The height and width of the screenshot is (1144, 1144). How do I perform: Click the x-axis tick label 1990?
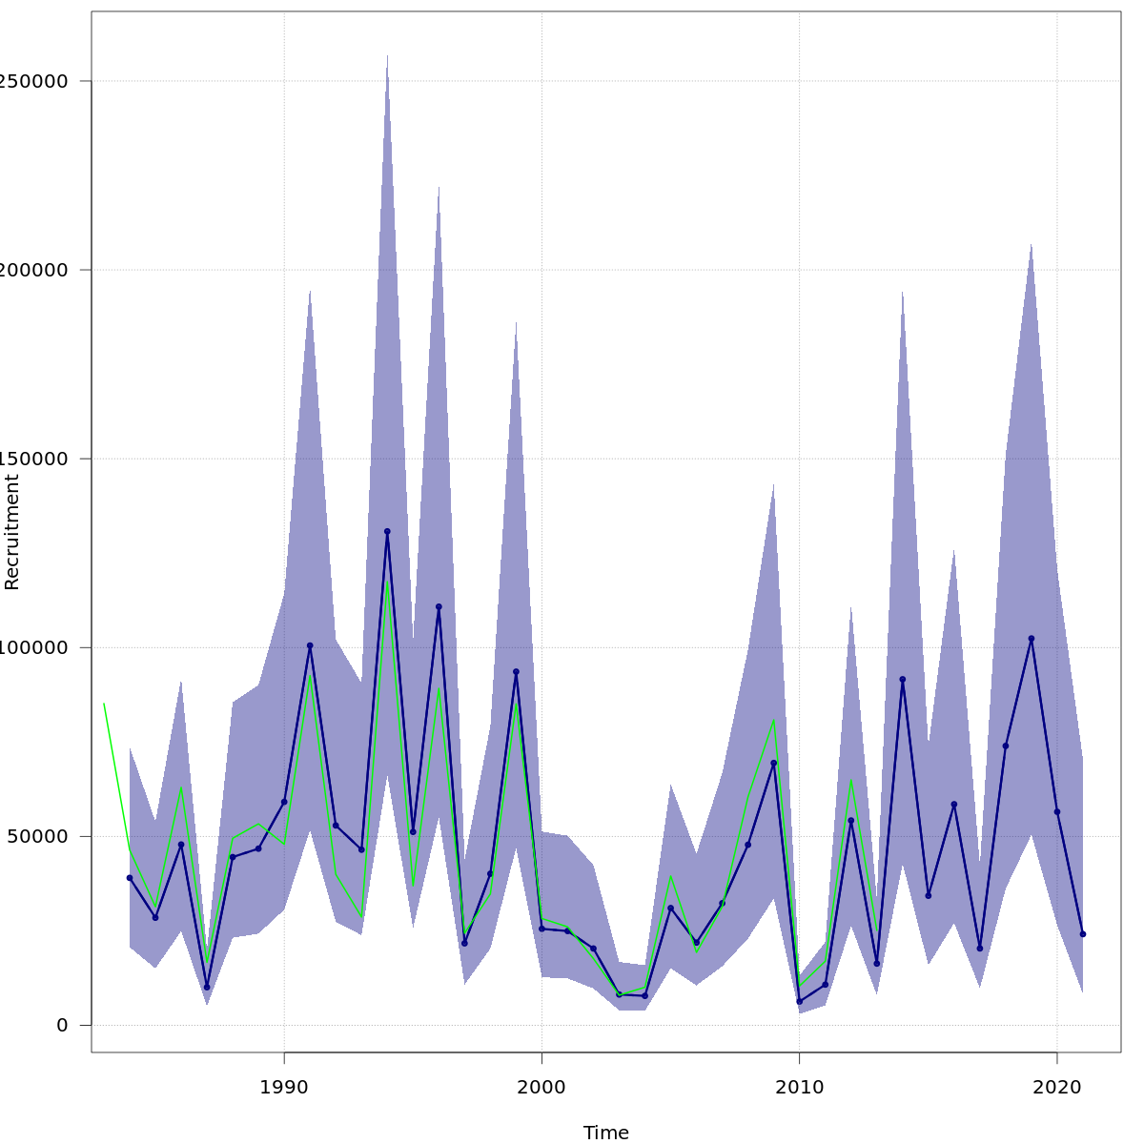pos(283,1087)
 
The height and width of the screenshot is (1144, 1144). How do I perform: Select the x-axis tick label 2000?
pos(541,1087)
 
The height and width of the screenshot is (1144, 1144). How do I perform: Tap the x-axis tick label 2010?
pos(799,1087)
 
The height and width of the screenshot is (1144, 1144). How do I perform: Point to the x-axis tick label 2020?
pos(1056,1087)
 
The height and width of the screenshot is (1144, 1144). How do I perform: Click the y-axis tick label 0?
pos(62,1026)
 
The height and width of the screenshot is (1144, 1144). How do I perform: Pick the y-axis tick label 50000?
pos(38,837)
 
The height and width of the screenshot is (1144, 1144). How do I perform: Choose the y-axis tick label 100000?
pos(34,648)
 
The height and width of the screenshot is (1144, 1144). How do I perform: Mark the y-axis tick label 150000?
pos(34,459)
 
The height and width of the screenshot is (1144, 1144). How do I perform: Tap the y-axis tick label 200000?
pos(34,270)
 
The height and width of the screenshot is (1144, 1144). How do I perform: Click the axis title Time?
pos(606,1133)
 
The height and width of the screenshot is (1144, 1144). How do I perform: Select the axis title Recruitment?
pos(12,532)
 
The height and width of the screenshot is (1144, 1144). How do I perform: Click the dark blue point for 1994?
pos(387,531)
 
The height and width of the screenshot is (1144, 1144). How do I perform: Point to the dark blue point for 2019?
pos(1031,639)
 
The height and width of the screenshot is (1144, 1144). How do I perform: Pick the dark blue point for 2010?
pos(799,1002)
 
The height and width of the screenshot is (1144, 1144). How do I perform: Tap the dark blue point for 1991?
pos(310,645)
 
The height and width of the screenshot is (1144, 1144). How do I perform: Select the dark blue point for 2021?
pos(1082,934)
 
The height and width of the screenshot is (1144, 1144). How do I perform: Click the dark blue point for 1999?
pos(516,672)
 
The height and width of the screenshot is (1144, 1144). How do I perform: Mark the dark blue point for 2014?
pos(902,680)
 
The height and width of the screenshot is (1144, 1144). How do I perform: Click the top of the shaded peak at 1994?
pos(387,55)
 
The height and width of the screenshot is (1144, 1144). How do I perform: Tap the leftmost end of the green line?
pos(104,704)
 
